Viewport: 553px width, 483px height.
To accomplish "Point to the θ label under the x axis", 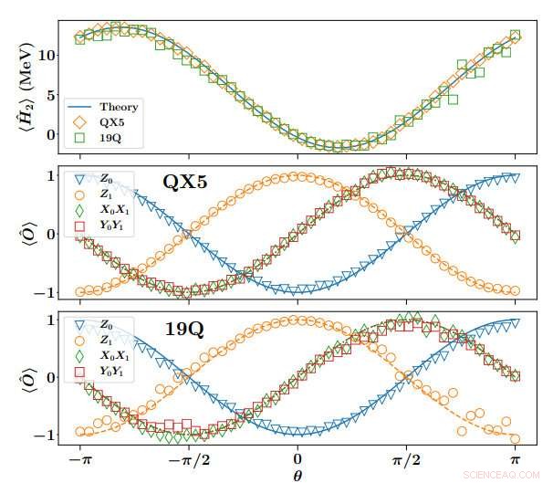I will (297, 475).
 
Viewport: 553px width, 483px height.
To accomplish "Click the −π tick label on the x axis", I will (79, 460).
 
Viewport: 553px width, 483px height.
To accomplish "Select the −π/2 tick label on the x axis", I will (188, 460).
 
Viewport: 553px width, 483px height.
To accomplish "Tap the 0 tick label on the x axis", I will (297, 460).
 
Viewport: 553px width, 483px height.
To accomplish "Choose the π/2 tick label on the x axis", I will (406, 460).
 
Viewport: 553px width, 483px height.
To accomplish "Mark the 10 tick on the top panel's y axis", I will (51, 55).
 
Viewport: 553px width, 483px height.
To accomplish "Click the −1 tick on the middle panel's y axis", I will (48, 292).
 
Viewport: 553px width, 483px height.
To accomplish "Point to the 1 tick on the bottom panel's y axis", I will (54, 321).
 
